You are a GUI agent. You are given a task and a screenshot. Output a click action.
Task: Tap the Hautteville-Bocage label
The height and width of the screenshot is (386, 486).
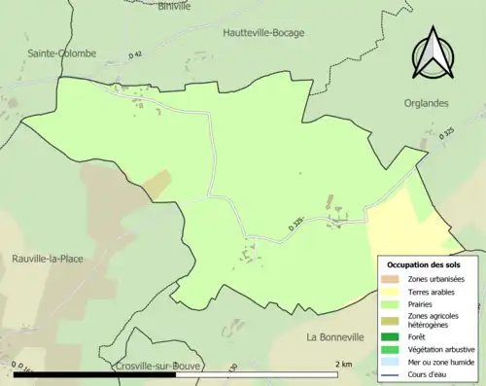point(263,32)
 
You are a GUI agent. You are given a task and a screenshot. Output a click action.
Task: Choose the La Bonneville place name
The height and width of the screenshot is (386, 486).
point(340,337)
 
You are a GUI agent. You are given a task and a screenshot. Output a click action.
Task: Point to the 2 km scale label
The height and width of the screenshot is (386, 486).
point(343,364)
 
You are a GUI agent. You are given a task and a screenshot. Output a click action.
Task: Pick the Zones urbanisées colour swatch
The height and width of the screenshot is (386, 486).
point(390,279)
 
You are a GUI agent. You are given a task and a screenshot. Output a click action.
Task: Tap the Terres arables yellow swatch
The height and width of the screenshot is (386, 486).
point(390,291)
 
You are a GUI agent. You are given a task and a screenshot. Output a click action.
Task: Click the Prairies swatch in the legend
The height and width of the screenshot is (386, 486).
point(390,302)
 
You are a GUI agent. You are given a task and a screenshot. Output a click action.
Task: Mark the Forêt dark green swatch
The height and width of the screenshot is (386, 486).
point(390,336)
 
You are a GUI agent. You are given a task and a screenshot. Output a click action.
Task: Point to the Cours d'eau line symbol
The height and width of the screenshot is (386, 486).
point(390,373)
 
